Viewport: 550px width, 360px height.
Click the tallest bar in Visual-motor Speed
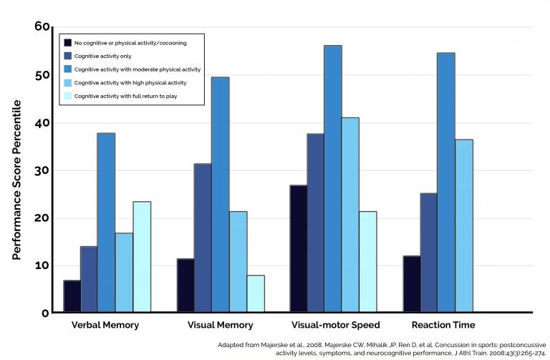click(332, 179)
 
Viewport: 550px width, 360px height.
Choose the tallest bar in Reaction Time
click(445, 183)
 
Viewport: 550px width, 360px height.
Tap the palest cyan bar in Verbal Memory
click(142, 257)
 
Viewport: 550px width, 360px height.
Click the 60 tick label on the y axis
click(42, 27)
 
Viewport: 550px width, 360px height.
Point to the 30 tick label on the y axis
click(42, 170)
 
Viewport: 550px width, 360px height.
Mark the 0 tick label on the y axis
click(45, 313)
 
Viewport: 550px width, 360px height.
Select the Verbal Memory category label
click(105, 325)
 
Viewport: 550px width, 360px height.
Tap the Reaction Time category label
click(444, 325)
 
